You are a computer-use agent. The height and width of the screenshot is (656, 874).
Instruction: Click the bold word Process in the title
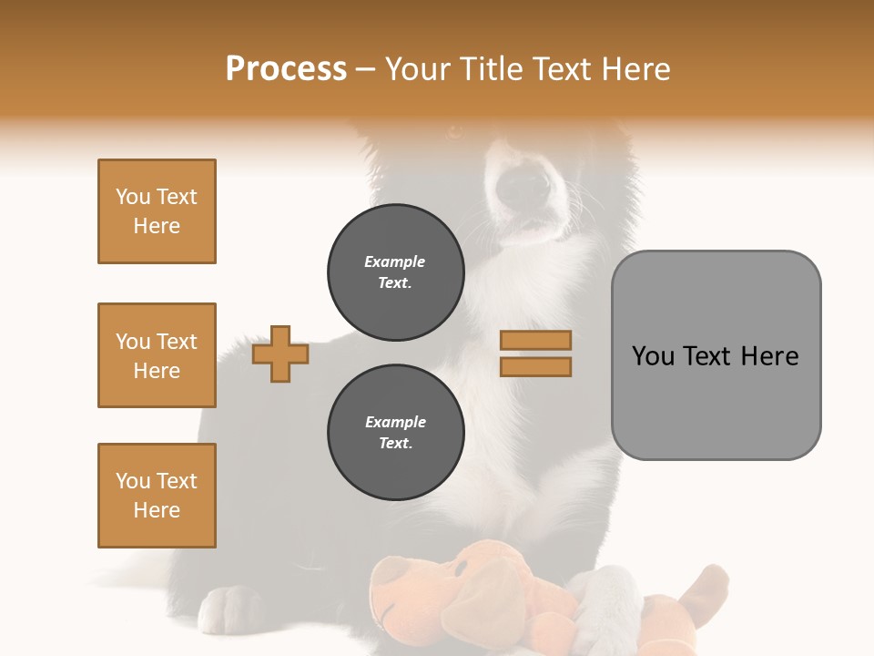286,68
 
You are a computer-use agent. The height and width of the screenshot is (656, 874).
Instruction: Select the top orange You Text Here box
157,211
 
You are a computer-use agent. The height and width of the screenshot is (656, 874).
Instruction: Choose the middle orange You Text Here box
157,355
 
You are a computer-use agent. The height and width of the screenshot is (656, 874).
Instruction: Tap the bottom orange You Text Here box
157,496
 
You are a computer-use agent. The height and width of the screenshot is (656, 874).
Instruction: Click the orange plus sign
280,354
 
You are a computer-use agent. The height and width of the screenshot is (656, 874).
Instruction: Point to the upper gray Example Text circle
395,272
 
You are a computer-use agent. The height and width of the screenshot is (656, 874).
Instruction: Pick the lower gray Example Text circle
395,433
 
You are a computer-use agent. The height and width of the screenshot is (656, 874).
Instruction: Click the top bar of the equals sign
535,340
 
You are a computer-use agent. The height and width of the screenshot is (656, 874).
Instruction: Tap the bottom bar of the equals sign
535,366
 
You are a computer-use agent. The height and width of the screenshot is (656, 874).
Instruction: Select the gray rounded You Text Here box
716,355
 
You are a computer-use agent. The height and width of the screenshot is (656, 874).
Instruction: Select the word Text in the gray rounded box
709,356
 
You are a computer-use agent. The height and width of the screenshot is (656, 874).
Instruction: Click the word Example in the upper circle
395,261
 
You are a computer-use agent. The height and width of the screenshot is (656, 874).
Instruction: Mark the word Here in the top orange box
157,226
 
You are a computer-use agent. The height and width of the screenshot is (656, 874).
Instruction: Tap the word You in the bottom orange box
133,481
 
